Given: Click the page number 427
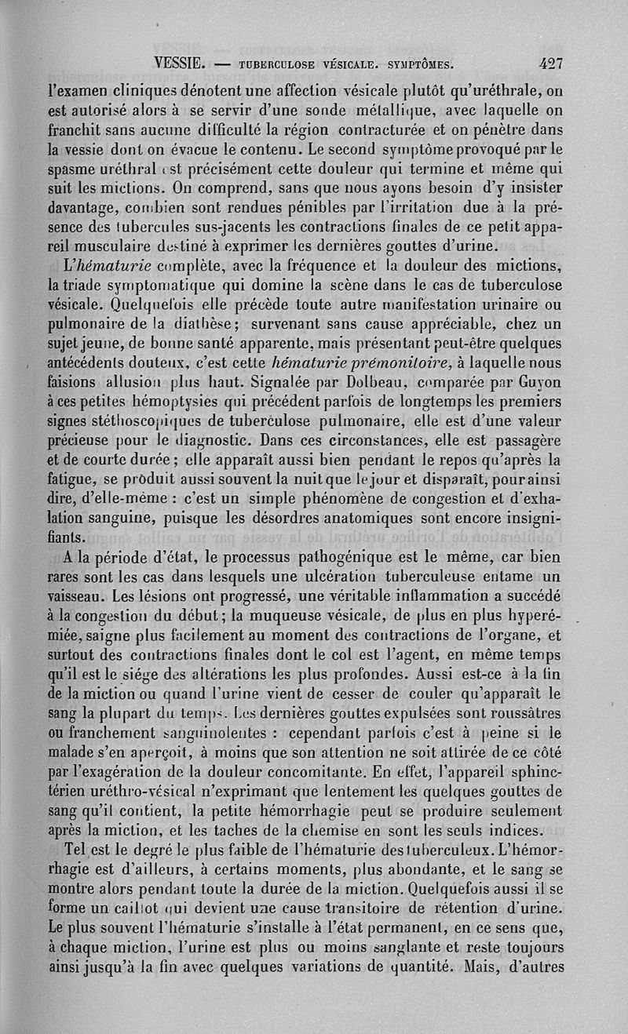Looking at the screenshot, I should point(549,64).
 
